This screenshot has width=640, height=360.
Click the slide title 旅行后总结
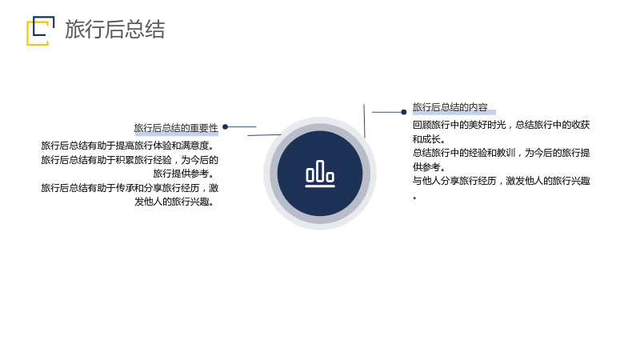tap(114, 30)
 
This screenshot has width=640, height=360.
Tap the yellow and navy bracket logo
tap(41, 30)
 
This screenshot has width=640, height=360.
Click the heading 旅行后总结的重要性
tap(176, 128)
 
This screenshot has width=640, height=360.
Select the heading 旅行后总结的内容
tap(450, 107)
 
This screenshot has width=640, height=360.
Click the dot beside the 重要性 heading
tap(226, 127)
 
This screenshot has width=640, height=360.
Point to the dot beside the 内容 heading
tap(404, 112)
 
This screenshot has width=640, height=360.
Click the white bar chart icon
tap(320, 174)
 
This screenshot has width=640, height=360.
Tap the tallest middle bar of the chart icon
tap(320, 170)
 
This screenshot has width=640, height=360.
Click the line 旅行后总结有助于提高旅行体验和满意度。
tap(127, 146)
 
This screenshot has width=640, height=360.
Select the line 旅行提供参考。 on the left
tap(184, 174)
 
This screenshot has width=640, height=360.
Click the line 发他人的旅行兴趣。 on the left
tap(174, 202)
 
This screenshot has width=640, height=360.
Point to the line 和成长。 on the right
tap(428, 138)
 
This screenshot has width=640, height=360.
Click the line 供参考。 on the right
tap(428, 166)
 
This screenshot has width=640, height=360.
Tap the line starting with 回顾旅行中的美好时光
tap(501, 125)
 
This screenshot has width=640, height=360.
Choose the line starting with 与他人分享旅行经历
tap(501, 181)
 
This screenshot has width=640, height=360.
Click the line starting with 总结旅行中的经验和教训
tap(501, 153)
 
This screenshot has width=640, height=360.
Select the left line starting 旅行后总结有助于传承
tap(130, 188)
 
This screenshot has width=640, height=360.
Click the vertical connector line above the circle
tap(364, 121)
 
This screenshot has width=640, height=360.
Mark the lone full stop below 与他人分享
tap(414, 198)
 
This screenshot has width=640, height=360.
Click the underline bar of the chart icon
tap(320, 186)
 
